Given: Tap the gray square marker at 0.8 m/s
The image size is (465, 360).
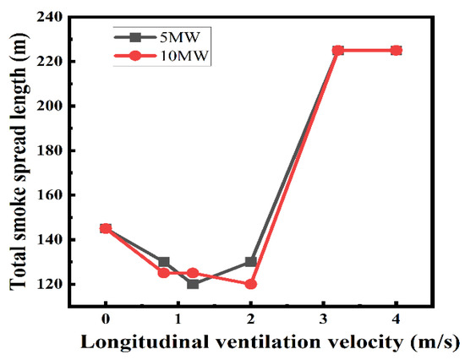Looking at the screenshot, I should click(164, 262).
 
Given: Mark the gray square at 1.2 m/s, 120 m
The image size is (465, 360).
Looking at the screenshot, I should click(193, 284).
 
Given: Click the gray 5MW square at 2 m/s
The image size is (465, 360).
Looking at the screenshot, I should click(251, 262).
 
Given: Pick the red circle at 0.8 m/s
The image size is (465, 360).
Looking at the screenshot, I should click(164, 273).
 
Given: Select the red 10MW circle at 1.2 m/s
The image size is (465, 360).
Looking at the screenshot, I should click(193, 273).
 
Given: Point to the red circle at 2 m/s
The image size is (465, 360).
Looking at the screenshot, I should click(251, 284).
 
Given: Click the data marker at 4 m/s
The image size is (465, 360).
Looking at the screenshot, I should click(397, 51).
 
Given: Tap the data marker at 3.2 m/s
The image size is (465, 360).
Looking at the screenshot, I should click(338, 51).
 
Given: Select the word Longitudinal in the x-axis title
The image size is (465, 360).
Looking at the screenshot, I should click(139, 342).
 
